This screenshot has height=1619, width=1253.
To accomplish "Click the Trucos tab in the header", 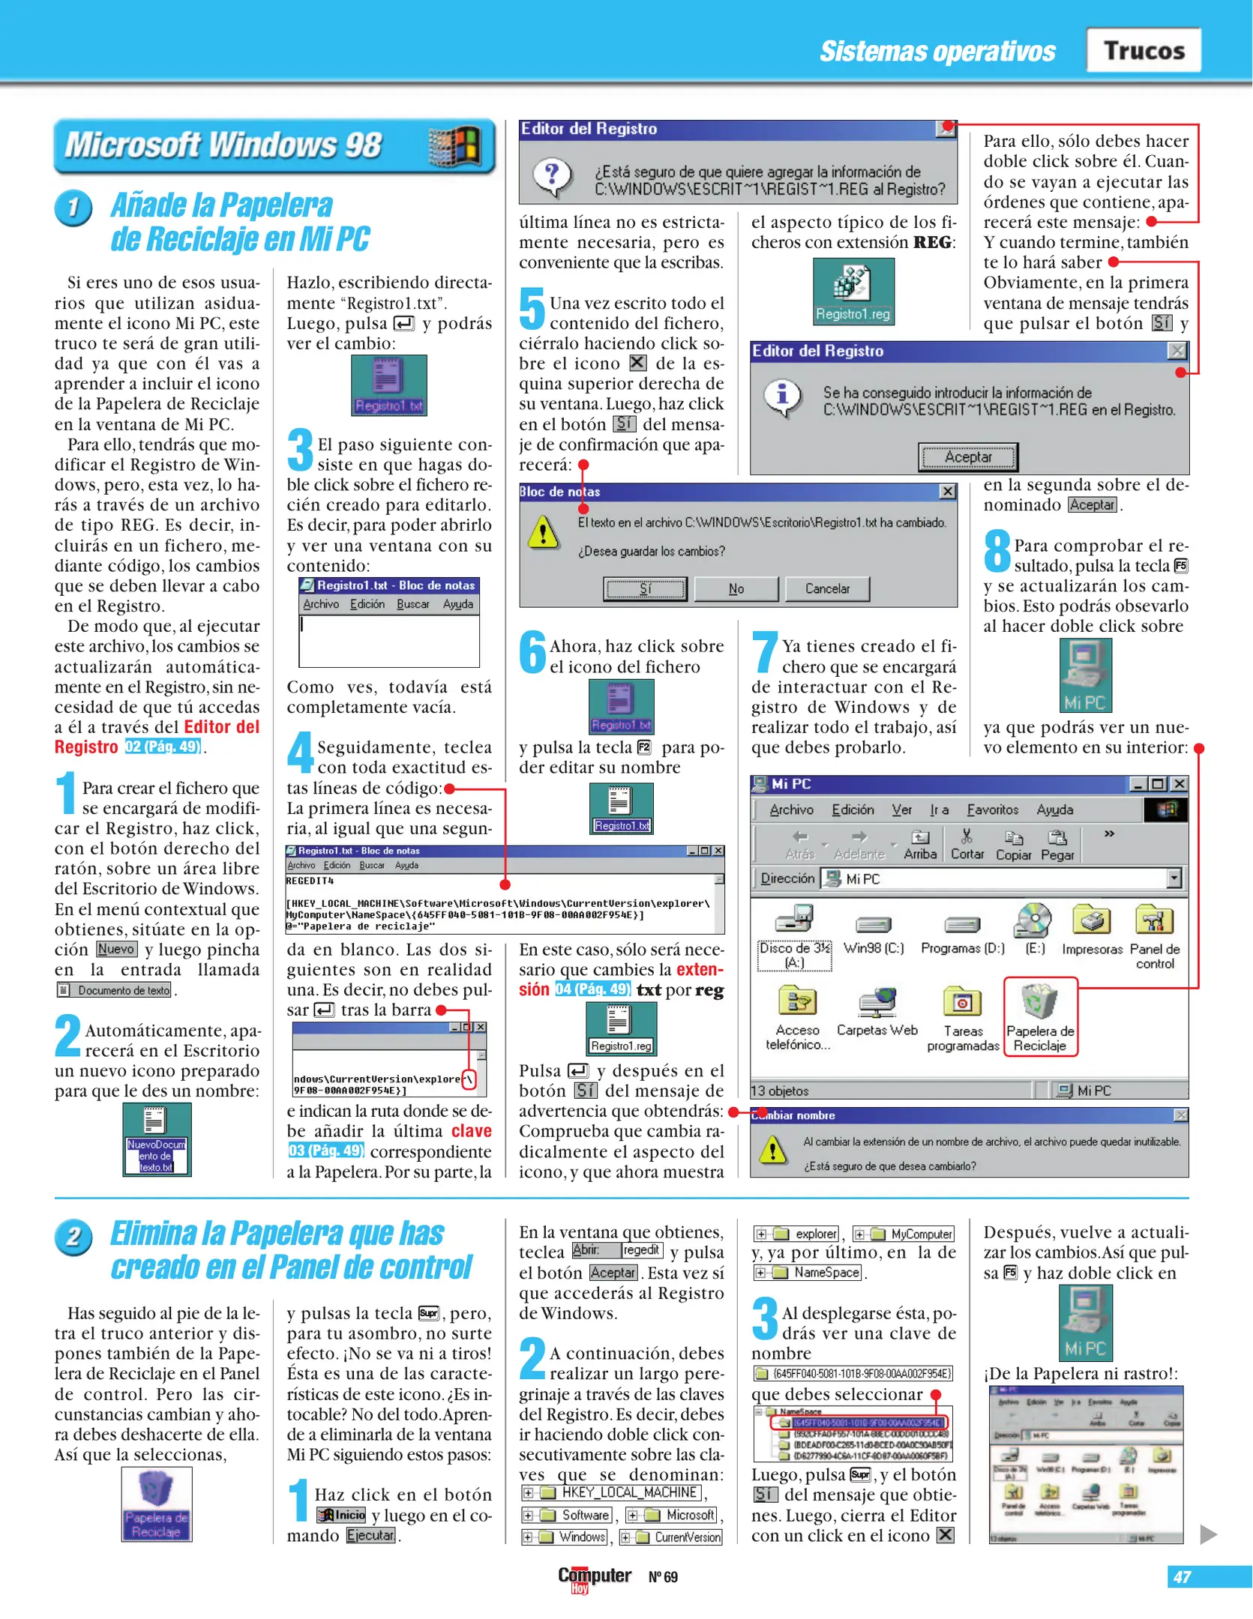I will point(1144,50).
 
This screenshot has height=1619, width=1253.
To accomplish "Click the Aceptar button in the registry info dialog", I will point(967,456).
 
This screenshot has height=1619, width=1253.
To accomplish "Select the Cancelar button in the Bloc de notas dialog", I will point(827,588).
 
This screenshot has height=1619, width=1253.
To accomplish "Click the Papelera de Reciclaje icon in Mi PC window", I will point(1040,1016).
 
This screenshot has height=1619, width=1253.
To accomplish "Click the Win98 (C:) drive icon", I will point(874,932).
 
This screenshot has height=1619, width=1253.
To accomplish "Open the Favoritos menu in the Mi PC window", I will point(992,809).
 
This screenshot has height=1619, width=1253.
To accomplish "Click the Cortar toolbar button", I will point(967,844).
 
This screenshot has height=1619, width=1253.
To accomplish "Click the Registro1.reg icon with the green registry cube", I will point(853,292).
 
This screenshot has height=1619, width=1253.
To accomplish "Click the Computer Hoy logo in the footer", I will point(594,1576).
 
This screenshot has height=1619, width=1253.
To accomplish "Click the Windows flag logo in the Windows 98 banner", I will point(454,145).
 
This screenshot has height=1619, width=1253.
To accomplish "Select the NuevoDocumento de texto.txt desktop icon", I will point(157,1139).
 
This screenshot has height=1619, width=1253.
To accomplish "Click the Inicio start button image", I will point(341,1515).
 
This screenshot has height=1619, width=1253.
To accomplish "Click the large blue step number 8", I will point(997,550).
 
